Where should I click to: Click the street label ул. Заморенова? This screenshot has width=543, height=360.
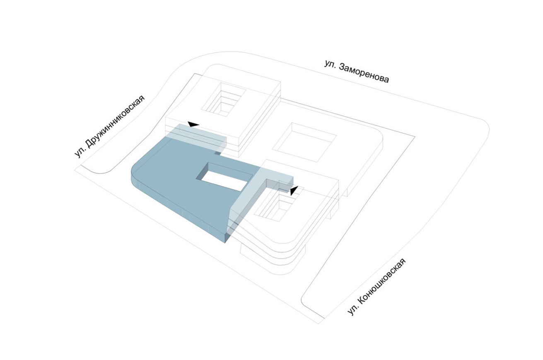pyautogui.click(x=357, y=71)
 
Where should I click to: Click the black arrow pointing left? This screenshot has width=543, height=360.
pyautogui.click(x=194, y=124)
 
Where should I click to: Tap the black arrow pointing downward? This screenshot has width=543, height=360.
pyautogui.click(x=294, y=191)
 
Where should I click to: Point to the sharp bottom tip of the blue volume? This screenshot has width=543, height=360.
pyautogui.click(x=225, y=243)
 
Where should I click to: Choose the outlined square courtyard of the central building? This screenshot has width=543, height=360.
pyautogui.click(x=304, y=143)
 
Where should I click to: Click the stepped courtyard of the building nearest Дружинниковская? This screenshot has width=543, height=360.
pyautogui.click(x=223, y=100)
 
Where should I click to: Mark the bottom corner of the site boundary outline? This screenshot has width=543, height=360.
pyautogui.click(x=318, y=324)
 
